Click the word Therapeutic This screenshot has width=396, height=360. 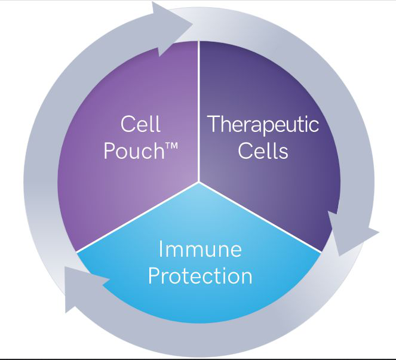tap(263, 125)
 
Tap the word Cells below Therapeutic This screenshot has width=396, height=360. tap(263, 150)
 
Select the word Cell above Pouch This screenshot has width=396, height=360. tap(140, 125)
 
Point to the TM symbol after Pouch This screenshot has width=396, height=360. tap(173, 146)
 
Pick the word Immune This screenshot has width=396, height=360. tap(200, 248)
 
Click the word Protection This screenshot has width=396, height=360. tap(200, 276)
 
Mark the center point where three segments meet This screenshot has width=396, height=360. tap(198, 182)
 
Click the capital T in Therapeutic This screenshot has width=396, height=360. tap(213, 125)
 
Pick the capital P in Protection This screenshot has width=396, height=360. tap(154, 276)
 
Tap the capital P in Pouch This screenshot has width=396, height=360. tap(109, 150)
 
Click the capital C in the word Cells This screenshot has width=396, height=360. tap(244, 150)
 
